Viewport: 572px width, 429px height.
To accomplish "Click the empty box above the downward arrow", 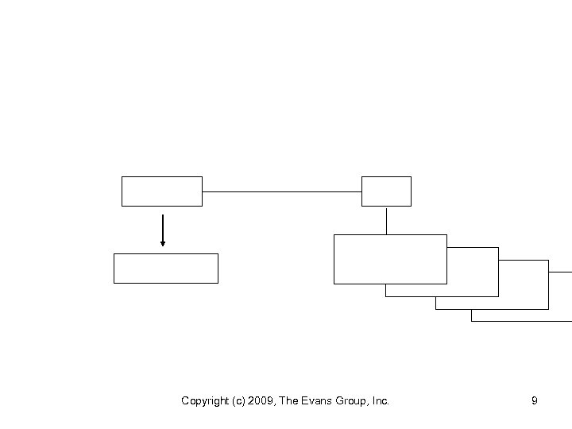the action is (x=162, y=191).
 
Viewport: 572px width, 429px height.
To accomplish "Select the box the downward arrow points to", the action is (x=165, y=269).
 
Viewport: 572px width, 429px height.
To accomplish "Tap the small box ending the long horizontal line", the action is (x=386, y=191).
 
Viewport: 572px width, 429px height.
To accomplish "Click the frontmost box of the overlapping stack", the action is (x=390, y=259).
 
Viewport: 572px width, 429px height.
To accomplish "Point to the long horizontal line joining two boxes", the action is (x=282, y=191).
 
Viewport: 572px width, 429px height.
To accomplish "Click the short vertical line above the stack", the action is (x=386, y=220).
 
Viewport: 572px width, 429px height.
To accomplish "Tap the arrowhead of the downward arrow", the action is (x=163, y=243).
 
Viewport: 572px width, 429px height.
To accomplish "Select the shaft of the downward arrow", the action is (x=163, y=226).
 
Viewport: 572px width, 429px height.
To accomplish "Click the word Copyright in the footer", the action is (x=203, y=401).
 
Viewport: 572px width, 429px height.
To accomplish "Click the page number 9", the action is (x=534, y=401).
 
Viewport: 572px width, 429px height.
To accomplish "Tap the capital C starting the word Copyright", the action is (x=185, y=401).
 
